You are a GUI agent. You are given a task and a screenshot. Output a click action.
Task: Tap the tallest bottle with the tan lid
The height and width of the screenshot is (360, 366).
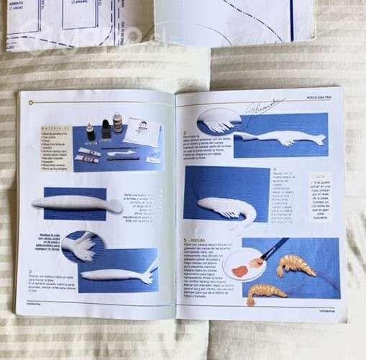(x=117, y=123)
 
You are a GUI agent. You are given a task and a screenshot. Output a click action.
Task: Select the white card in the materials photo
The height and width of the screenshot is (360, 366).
(x=142, y=132)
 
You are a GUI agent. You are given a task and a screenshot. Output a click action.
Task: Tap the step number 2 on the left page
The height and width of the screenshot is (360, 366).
(x=31, y=271)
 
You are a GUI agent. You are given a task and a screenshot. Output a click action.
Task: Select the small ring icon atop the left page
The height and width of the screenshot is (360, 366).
(x=33, y=102)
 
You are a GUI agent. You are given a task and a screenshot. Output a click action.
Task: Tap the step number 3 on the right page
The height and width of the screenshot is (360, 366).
(x=185, y=133)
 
